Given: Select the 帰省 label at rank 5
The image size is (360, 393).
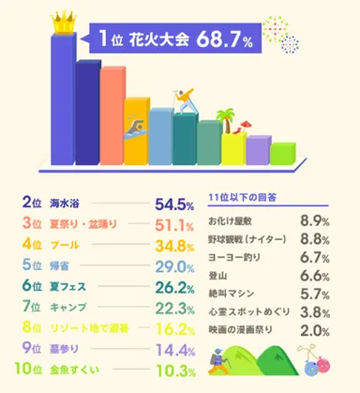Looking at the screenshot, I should coord(59,268).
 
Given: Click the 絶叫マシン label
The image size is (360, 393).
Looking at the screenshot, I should coord(231,292).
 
